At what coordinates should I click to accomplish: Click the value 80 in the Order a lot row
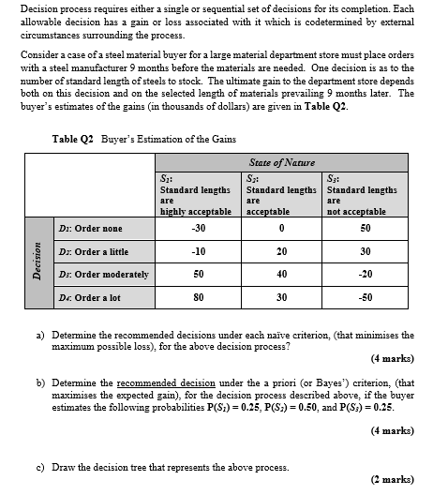[x=197, y=297]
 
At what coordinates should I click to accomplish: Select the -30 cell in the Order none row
[x=197, y=228]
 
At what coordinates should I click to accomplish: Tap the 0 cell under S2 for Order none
[x=281, y=228]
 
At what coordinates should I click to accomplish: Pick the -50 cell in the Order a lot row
[x=366, y=297]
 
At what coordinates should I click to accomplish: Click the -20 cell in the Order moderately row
[x=366, y=274]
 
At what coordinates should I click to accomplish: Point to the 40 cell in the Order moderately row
[x=281, y=274]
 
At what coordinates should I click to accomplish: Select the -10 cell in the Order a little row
[x=197, y=251]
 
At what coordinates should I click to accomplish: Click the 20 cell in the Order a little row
[x=281, y=251]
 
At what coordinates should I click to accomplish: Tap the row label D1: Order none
[x=92, y=228]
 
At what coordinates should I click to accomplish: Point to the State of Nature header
[x=281, y=163]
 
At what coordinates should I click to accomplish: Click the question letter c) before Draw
[x=40, y=467]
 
